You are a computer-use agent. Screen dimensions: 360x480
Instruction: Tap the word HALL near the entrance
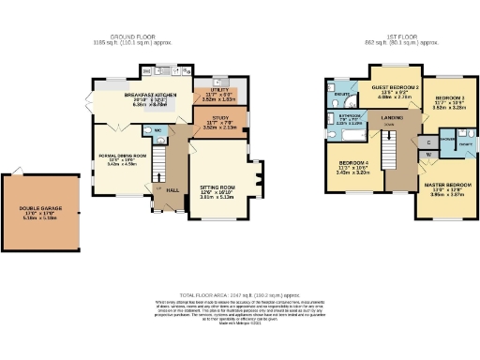point(172,191)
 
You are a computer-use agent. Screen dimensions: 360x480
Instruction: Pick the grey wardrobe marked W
point(427,157)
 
